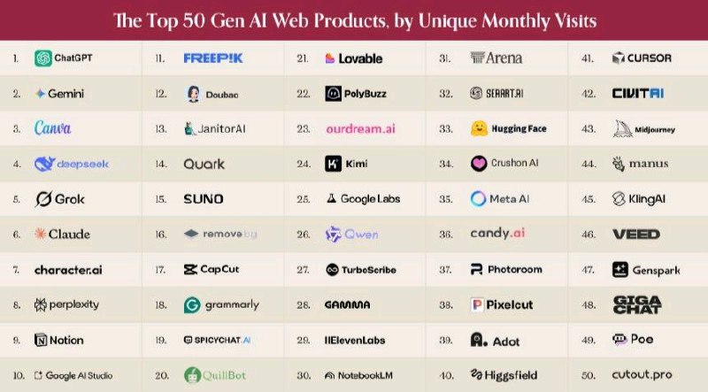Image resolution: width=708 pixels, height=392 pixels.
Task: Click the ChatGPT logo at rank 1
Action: tap(42, 58)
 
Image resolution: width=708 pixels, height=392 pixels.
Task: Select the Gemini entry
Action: tap(63, 93)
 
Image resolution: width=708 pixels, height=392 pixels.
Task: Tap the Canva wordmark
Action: tap(53, 128)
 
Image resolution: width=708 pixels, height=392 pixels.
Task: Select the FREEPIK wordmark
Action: tap(214, 58)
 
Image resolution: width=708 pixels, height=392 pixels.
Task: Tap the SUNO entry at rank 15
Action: tap(203, 199)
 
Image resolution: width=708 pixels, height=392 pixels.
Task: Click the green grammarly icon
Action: tap(191, 304)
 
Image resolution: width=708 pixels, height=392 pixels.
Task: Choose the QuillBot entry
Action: tap(214, 375)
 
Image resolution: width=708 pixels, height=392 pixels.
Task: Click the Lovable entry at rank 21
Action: tap(354, 58)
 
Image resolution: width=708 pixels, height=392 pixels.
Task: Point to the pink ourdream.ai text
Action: tap(360, 128)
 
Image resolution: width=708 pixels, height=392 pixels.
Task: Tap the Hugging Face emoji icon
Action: tap(479, 128)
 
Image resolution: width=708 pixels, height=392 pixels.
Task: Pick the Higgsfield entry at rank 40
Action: tap(507, 375)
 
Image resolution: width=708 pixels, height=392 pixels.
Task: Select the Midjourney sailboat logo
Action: tap(620, 128)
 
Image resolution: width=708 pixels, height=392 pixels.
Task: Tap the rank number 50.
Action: tap(589, 375)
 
